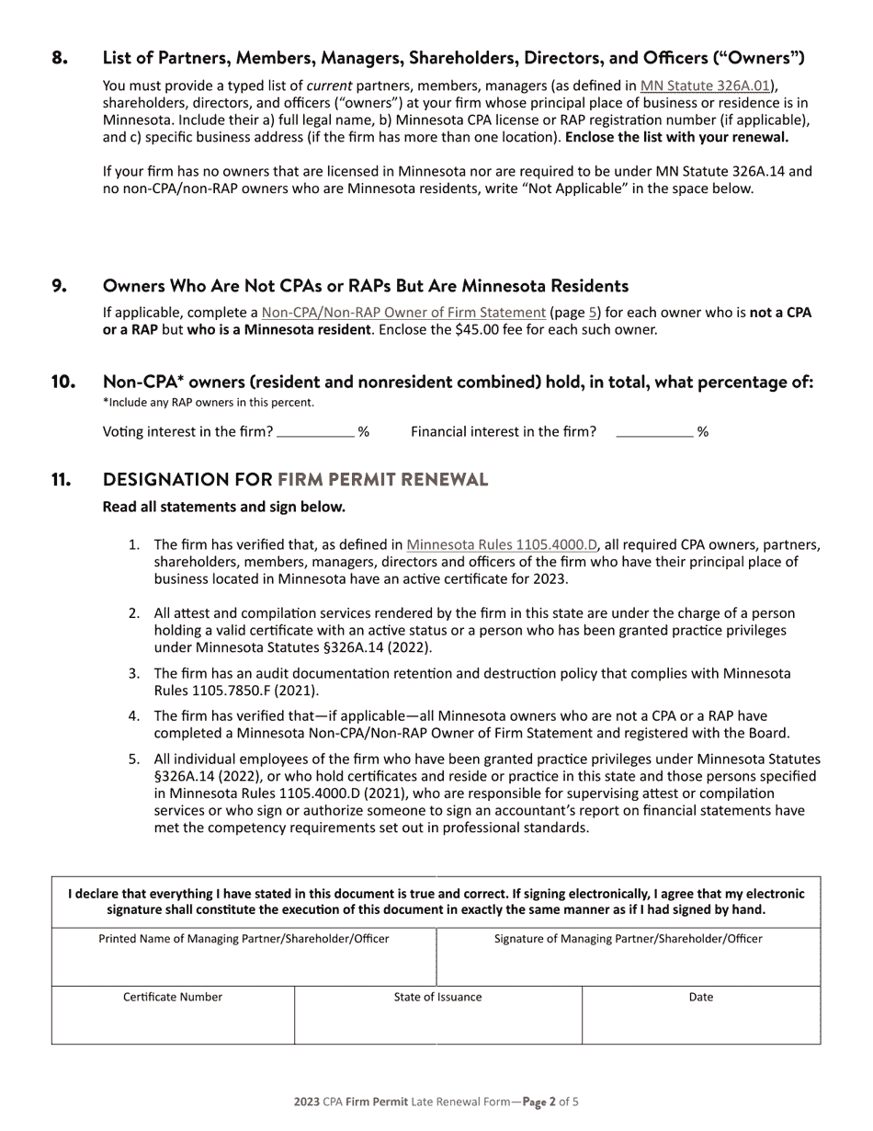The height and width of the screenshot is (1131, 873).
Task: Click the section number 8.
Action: click(60, 59)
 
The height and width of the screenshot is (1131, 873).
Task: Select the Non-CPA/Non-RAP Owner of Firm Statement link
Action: click(403, 313)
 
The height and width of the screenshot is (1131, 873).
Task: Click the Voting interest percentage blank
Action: click(315, 430)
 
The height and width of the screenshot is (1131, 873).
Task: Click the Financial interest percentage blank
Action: click(654, 430)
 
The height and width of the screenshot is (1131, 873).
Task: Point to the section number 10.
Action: click(63, 383)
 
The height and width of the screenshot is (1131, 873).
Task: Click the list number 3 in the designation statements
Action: click(134, 674)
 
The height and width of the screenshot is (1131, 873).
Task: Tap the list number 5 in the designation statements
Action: click(134, 760)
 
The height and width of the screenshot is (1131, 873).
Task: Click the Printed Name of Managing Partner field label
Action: click(244, 939)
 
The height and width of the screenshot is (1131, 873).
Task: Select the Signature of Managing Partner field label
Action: click(628, 939)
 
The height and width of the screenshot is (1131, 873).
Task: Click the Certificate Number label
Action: click(173, 997)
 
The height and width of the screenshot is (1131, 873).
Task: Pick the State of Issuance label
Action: click(437, 997)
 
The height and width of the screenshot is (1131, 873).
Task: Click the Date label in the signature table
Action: click(700, 997)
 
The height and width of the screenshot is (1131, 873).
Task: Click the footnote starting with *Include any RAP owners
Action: click(208, 402)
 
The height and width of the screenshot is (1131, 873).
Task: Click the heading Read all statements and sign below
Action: click(224, 507)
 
